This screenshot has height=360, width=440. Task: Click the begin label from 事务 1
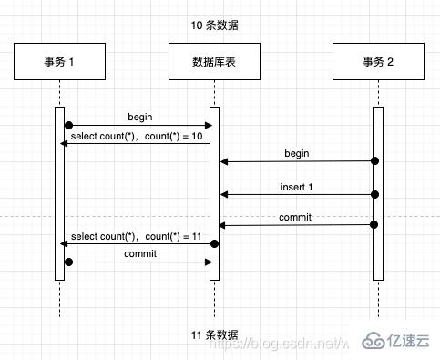(139, 117)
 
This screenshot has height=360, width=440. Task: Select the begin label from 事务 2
(297, 153)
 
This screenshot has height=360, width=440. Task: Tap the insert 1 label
(297, 186)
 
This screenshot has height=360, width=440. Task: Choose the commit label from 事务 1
(140, 253)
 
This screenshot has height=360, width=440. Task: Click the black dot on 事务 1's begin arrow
(67, 126)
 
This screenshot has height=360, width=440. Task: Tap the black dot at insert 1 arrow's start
(374, 193)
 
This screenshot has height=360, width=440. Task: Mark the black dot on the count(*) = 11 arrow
(215, 243)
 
